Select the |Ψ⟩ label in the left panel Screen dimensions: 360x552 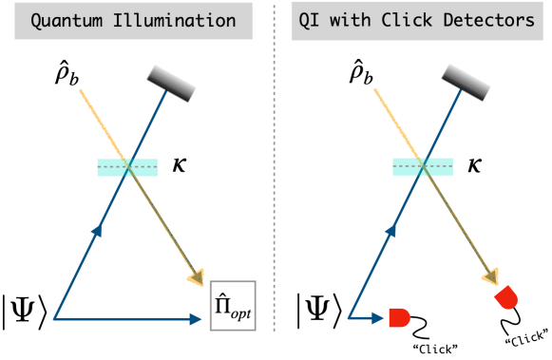coord(28,312)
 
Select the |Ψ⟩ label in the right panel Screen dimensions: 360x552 coord(322,312)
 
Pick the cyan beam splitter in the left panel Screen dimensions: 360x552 coord(127,167)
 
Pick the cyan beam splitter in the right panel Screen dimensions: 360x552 coord(423,167)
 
